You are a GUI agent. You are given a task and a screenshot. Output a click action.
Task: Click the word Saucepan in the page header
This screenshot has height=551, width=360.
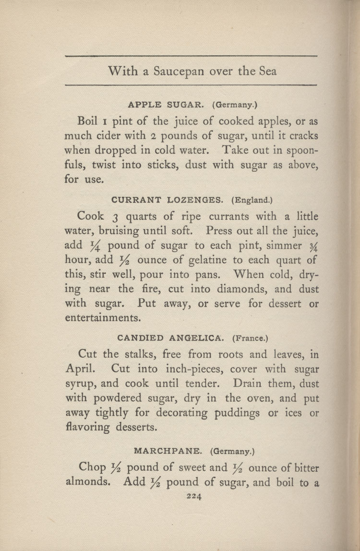click(x=179, y=71)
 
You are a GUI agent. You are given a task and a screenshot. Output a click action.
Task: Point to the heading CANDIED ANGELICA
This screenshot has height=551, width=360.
click(x=170, y=338)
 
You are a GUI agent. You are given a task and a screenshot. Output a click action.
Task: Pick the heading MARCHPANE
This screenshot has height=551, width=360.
click(x=169, y=451)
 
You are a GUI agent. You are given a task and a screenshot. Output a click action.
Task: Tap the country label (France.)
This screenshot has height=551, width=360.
click(x=250, y=338)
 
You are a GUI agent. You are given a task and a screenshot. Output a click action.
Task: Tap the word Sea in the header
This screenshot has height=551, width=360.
click(x=267, y=71)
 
